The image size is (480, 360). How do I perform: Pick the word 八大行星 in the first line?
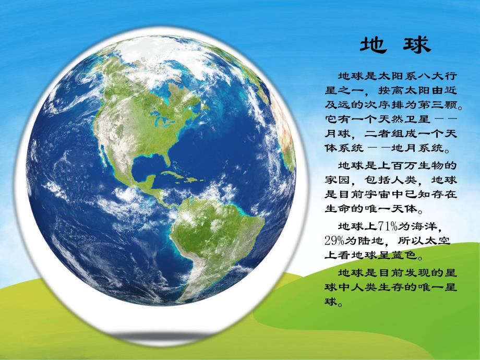[x=441, y=77]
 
